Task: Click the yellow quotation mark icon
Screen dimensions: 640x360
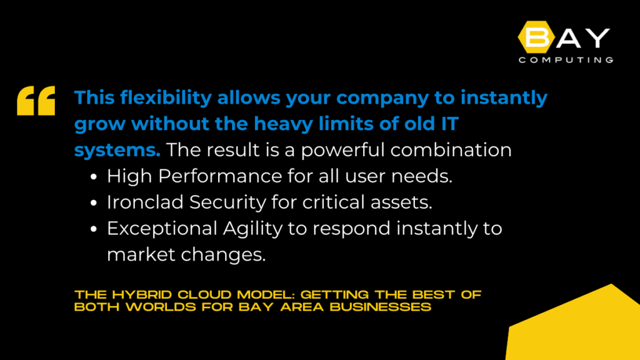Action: tap(36, 101)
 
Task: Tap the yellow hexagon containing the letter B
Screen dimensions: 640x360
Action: tap(536, 37)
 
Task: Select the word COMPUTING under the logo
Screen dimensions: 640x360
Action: tap(566, 60)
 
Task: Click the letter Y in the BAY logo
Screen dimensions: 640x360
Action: tap(597, 38)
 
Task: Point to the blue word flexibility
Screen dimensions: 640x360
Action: tap(166, 98)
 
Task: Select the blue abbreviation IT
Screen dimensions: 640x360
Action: tap(449, 124)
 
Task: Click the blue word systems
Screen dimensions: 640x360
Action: tap(117, 150)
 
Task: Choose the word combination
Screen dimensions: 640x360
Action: tap(451, 150)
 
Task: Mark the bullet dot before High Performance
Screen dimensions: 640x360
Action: tap(94, 177)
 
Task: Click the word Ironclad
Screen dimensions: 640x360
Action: tap(145, 202)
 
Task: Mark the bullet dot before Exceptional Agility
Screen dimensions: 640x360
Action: tap(94, 229)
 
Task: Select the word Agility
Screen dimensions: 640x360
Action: tap(252, 229)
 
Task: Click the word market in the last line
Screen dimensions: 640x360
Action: tap(141, 255)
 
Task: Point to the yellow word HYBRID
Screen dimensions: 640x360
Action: tap(142, 295)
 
